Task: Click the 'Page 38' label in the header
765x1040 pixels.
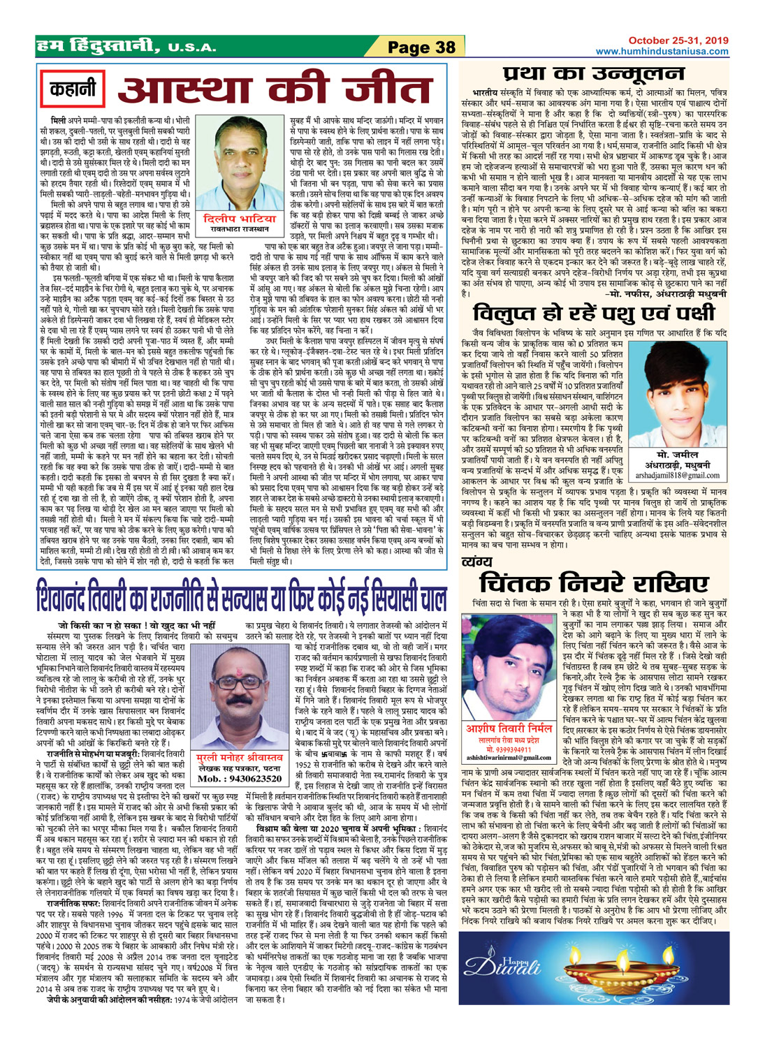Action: click(421, 47)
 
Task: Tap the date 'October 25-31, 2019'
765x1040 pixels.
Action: click(678, 41)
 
